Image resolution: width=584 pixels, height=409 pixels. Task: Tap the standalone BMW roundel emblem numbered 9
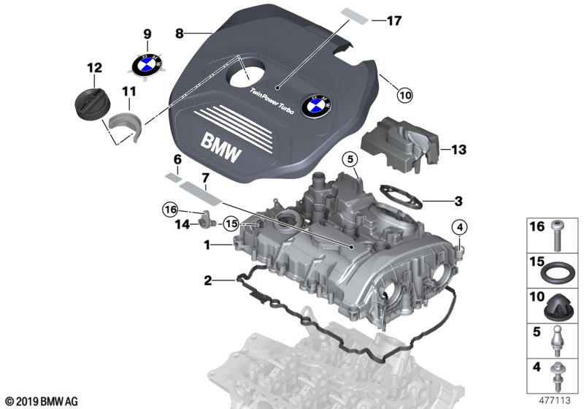147,64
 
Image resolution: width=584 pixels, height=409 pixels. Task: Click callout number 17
393,21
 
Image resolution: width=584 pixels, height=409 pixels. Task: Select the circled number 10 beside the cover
404,93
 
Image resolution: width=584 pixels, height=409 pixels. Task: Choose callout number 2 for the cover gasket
208,280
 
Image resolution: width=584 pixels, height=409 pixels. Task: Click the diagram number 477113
552,400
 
